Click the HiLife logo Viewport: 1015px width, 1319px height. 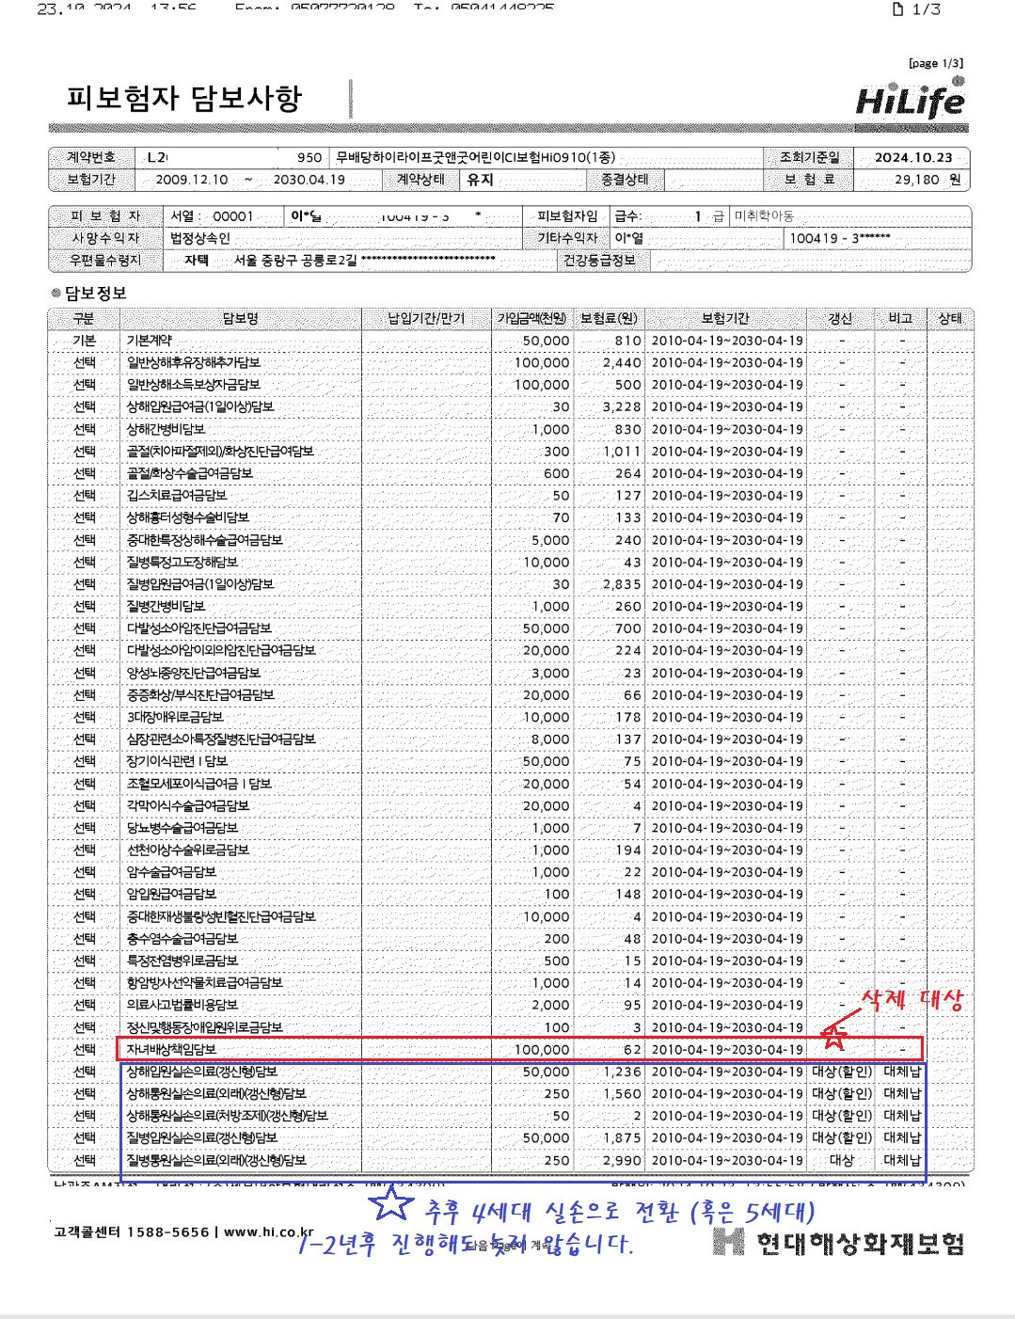pyautogui.click(x=910, y=98)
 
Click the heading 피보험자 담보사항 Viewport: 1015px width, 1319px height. pyautogui.click(x=184, y=99)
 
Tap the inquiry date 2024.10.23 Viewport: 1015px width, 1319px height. pyautogui.click(x=912, y=157)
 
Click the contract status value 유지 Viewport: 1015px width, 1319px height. pyautogui.click(x=480, y=179)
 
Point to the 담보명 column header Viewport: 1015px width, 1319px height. pyautogui.click(x=241, y=318)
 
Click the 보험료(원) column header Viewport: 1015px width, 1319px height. pyautogui.click(x=610, y=318)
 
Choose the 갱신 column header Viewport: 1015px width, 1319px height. pyautogui.click(x=840, y=318)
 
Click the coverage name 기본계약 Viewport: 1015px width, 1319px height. pyautogui.click(x=150, y=341)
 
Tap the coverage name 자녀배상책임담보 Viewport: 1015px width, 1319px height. pyautogui.click(x=172, y=1049)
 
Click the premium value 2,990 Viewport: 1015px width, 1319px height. pyautogui.click(x=622, y=1160)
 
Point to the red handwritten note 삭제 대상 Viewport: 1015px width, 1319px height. pyautogui.click(x=912, y=999)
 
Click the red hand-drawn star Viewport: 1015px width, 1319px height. pyautogui.click(x=834, y=1037)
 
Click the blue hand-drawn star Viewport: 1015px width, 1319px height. pyautogui.click(x=390, y=1205)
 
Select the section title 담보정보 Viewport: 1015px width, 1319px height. pyautogui.click(x=95, y=294)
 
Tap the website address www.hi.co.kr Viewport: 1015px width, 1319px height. pyautogui.click(x=268, y=1232)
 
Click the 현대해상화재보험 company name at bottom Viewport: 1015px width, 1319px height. pyautogui.click(x=860, y=1243)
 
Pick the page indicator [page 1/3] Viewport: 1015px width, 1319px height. pyautogui.click(x=935, y=63)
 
